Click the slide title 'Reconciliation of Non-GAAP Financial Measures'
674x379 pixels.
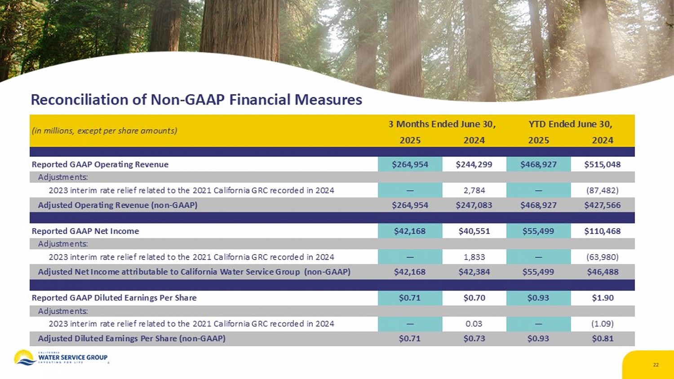[x=196, y=99]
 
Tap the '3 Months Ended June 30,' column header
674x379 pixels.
[x=442, y=124]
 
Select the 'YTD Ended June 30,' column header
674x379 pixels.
[x=570, y=124]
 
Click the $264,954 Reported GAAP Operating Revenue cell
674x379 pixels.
[x=410, y=164]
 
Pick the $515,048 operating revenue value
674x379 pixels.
[x=602, y=164]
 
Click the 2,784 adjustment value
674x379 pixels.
[x=474, y=190]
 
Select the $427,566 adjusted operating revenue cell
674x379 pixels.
[x=602, y=205]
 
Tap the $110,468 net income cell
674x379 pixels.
[x=602, y=231]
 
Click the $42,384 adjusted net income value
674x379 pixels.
[x=474, y=272]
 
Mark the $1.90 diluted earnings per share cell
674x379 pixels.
[x=602, y=298]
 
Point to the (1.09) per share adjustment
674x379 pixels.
[x=602, y=324]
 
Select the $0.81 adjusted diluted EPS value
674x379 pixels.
[x=602, y=339]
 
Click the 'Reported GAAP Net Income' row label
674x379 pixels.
[x=85, y=231]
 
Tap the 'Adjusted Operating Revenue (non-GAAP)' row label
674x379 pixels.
[x=118, y=205]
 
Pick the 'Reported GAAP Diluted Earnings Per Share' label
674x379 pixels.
[x=114, y=298]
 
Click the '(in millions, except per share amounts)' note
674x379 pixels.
[x=104, y=131]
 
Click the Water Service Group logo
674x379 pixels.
[x=61, y=357]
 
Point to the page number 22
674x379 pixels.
[x=656, y=365]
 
